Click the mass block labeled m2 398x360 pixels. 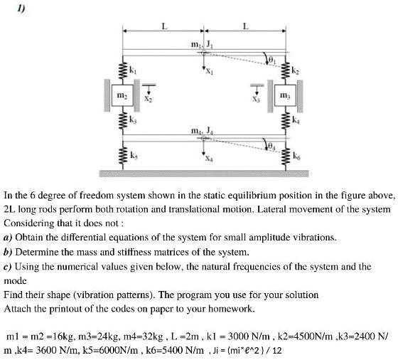point(122,95)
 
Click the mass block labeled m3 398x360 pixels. point(285,95)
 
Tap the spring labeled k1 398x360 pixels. point(123,70)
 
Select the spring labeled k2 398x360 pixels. point(285,70)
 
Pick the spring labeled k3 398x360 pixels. point(123,120)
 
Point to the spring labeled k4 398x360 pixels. point(285,120)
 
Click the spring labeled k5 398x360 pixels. point(123,156)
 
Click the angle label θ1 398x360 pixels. point(271,60)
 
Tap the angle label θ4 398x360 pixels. point(271,146)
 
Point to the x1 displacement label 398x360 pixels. point(210,71)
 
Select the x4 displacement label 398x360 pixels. point(210,159)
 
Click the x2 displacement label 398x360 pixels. point(149,99)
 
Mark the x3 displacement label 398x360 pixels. point(256,99)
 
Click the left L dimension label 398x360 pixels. point(164,26)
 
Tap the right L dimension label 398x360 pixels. point(246,26)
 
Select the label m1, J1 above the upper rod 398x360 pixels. point(202,45)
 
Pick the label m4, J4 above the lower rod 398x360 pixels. point(202,131)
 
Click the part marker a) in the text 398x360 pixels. point(8,238)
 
